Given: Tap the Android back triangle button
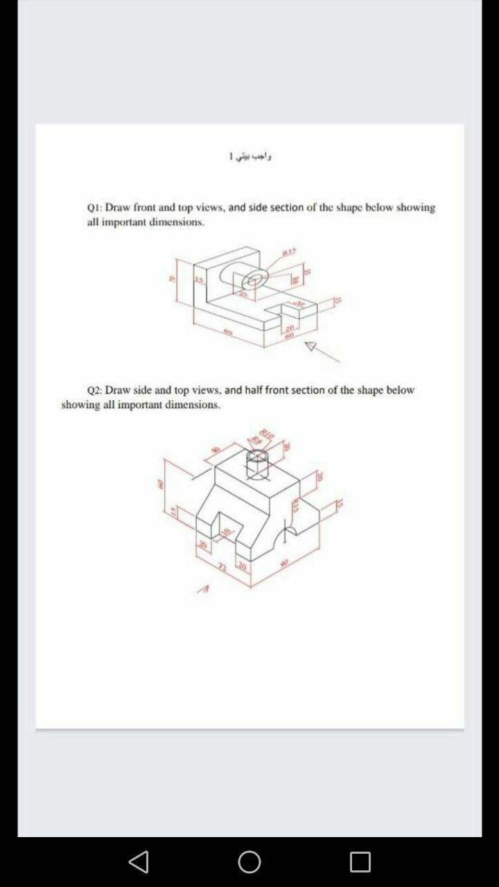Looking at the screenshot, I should pos(139,861).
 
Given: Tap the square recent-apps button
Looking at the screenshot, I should pos(360,861).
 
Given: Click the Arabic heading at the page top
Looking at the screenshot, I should pos(250,157).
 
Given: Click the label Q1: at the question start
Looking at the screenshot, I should pos(95,207).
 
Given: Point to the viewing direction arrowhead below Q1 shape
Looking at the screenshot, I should pos(311,346).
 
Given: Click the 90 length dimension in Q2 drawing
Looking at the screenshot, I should pos(283,562).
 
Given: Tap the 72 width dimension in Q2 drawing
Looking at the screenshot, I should pos(222,567).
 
